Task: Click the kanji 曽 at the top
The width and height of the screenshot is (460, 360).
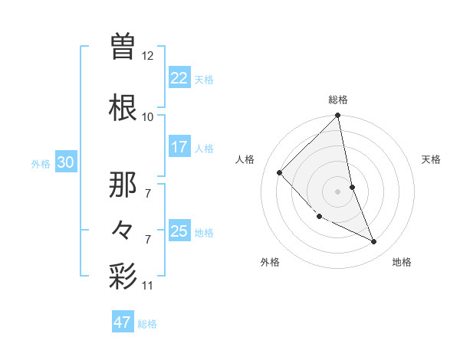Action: pyautogui.click(x=123, y=47)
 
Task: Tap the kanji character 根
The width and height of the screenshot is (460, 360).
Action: pyautogui.click(x=123, y=107)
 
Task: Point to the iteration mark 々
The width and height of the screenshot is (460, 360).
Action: pyautogui.click(x=123, y=231)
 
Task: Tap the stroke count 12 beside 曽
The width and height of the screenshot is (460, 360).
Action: pyautogui.click(x=148, y=56)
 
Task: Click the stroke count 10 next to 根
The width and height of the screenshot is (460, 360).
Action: pyautogui.click(x=148, y=117)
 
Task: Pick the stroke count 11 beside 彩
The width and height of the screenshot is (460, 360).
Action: pyautogui.click(x=148, y=286)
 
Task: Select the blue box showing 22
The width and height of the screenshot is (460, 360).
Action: pyautogui.click(x=179, y=77)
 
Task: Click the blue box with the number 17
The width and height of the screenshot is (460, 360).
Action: pyautogui.click(x=179, y=147)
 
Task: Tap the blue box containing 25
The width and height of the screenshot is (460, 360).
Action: pyautogui.click(x=179, y=231)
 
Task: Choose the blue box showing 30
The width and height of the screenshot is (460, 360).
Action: pyautogui.click(x=65, y=163)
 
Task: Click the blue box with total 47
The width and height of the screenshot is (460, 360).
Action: pyautogui.click(x=123, y=322)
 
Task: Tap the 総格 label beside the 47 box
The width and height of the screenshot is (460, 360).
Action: pyautogui.click(x=147, y=324)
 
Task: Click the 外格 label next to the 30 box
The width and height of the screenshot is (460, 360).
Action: pyautogui.click(x=41, y=164)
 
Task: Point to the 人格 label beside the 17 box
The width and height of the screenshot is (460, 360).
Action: pyautogui.click(x=204, y=148)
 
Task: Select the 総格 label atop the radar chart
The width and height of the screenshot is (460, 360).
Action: pyautogui.click(x=338, y=100)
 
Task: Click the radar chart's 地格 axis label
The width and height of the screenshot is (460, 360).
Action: pyautogui.click(x=402, y=262)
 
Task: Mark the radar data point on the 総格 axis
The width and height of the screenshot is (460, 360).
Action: pyautogui.click(x=337, y=116)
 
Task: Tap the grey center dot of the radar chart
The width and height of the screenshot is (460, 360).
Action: pyautogui.click(x=337, y=191)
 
